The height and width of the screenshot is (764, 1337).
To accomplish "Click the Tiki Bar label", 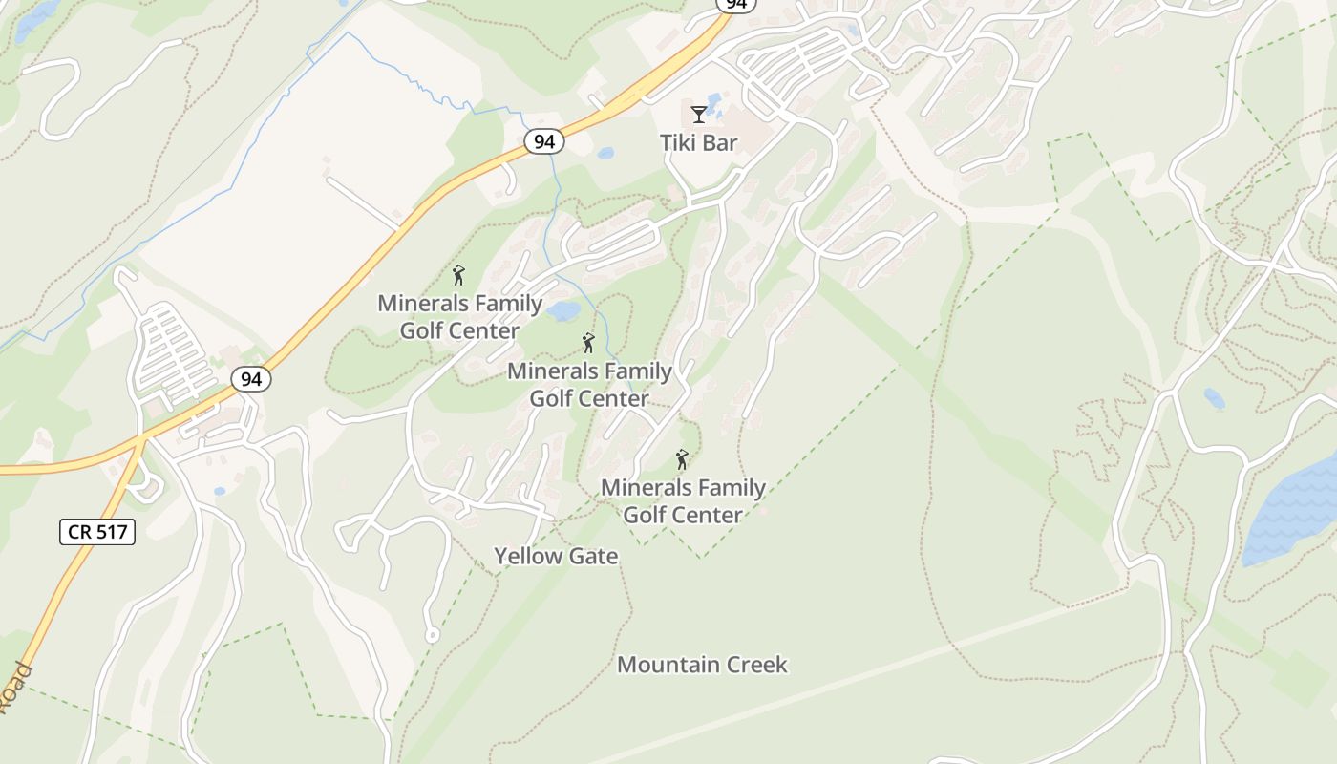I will coord(699,142).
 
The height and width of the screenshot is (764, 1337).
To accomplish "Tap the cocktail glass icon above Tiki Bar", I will coord(699,115).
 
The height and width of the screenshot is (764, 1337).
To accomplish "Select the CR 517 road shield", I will coord(97,532).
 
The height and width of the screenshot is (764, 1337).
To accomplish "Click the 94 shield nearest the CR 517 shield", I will coord(251,379).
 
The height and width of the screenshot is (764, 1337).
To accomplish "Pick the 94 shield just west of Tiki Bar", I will coord(544,142).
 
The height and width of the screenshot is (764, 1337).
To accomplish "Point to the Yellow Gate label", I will coord(556,556).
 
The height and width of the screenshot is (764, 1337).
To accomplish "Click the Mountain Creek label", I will coord(702,665).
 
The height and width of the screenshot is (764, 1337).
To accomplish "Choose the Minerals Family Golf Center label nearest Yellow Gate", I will coord(683,501).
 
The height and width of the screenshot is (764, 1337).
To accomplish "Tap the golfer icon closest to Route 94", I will coord(458,276).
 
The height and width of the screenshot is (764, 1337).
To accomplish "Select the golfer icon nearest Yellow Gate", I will coord(682,460).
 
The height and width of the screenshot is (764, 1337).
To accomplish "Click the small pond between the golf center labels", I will coord(563,311).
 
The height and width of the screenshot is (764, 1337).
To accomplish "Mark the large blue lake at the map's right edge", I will coord(1294,511).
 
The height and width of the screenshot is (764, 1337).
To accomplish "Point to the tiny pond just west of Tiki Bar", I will coord(605,153).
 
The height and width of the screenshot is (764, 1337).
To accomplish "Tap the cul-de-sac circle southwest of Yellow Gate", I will coord(432,634).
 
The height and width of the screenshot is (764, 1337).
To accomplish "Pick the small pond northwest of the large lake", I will coord(1214,397).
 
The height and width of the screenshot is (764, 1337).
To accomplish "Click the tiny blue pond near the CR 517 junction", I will coord(220,491).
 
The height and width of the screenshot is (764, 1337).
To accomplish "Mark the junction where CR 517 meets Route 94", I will coord(141,439).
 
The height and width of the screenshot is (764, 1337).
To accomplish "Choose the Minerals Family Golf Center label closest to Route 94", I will coord(460,317).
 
